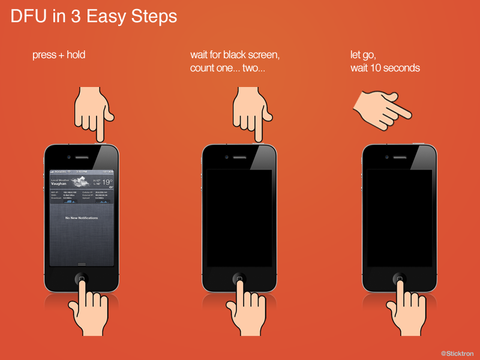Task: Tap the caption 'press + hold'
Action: (x=59, y=55)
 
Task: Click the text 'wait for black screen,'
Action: (x=235, y=55)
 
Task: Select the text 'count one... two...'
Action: (x=227, y=68)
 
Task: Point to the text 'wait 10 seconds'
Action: (x=385, y=68)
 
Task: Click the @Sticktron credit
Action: (x=458, y=353)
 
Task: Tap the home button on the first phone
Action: (x=82, y=279)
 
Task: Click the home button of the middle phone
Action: (x=239, y=279)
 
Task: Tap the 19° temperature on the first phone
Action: (x=107, y=182)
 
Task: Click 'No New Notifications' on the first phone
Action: (x=82, y=218)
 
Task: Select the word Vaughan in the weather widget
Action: (x=59, y=184)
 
